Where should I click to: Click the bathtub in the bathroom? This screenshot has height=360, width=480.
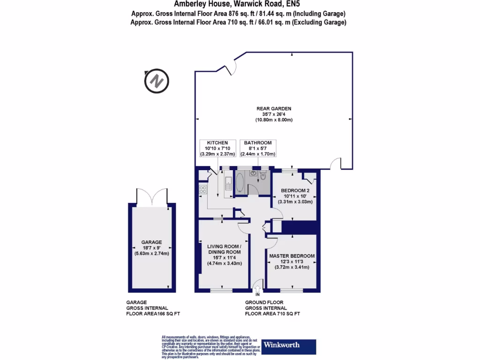(x=240, y=183)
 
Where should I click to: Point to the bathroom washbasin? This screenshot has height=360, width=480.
(x=253, y=173)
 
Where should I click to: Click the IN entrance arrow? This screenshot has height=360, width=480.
(x=257, y=286)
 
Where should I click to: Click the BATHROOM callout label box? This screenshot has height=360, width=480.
(x=257, y=148)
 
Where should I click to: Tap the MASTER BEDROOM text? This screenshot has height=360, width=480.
(x=292, y=256)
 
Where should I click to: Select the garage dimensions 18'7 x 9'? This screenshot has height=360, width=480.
(x=151, y=248)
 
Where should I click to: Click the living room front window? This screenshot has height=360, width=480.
(x=221, y=290)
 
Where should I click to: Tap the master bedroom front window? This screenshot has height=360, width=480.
(x=291, y=290)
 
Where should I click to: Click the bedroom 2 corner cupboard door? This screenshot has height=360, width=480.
(x=307, y=178)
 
